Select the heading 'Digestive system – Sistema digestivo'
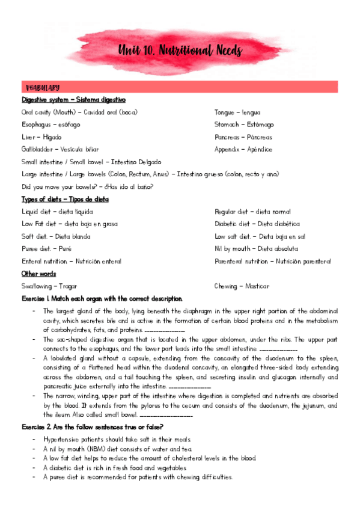coord(73,100)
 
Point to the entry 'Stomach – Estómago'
coord(244,124)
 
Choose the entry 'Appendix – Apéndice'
coord(243,149)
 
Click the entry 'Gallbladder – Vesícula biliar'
coord(60,149)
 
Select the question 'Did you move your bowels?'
coord(87,186)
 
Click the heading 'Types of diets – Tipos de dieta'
coord(65,199)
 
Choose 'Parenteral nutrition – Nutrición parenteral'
coord(273,262)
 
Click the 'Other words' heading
coord(39,274)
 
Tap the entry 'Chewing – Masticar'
coord(241,286)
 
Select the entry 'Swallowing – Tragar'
coord(49,286)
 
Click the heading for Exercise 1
coord(102,299)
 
